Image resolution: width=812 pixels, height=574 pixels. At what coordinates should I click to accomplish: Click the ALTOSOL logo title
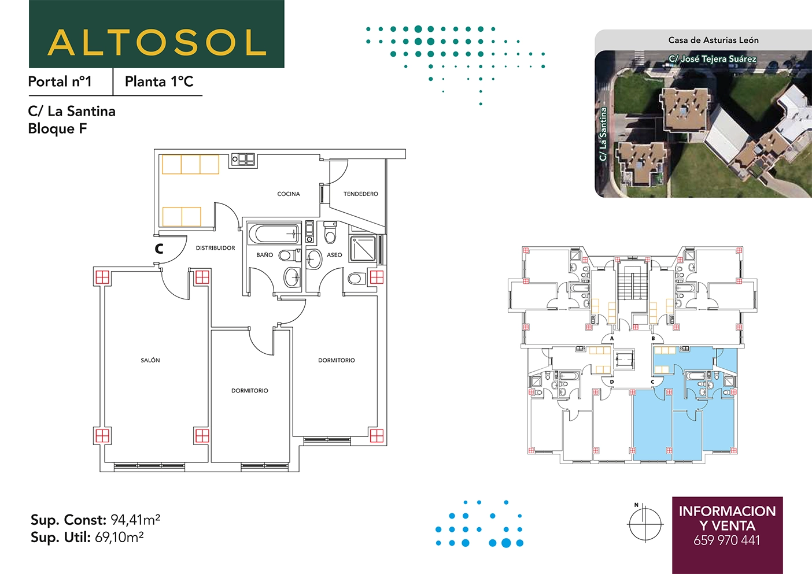[x=157, y=42]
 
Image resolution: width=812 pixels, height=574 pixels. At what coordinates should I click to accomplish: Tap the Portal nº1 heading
[x=60, y=82]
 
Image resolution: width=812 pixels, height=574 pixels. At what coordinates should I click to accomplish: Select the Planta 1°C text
[x=159, y=82]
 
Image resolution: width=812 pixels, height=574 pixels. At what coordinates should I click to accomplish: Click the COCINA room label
[x=289, y=194]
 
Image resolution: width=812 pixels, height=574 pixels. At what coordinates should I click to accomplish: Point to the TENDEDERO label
[x=361, y=194]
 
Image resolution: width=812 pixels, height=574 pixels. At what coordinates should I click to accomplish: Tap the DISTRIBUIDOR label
[x=215, y=248]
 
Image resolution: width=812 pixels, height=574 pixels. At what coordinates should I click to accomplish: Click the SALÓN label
[x=150, y=360]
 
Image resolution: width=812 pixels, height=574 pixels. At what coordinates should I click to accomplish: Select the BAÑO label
[x=265, y=255]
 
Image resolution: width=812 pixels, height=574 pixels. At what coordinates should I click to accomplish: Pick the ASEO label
[x=334, y=255]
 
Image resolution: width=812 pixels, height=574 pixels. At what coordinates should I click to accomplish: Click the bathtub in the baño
[x=274, y=234]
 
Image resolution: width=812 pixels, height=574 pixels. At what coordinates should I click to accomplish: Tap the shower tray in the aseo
[x=363, y=248]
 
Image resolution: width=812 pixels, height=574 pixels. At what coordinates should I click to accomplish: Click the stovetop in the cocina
[x=243, y=160]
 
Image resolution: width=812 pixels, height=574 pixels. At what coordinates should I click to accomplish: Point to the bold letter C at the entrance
[x=159, y=249]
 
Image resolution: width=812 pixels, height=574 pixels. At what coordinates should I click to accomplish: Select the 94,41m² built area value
[x=135, y=520]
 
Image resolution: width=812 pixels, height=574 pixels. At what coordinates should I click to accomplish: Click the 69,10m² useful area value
[x=119, y=538]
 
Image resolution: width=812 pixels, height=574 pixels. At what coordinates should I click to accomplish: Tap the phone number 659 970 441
[x=727, y=540]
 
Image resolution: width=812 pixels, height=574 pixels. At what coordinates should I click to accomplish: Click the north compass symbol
[x=645, y=524]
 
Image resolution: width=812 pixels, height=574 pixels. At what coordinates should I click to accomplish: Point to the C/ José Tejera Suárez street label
[x=713, y=59]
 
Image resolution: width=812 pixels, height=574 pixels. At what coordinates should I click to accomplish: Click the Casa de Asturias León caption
[x=714, y=40]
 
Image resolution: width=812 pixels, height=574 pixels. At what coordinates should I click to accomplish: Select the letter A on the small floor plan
[x=612, y=339]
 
